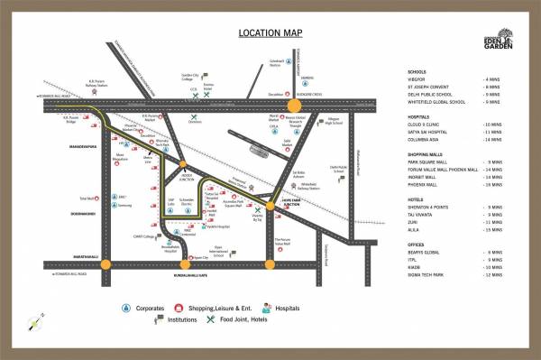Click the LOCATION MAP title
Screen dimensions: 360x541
(x=270, y=33)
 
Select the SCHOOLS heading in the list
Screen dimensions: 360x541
(x=417, y=70)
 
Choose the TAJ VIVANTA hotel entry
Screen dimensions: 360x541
(x=427, y=214)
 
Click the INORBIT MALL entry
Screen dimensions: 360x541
(x=428, y=177)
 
